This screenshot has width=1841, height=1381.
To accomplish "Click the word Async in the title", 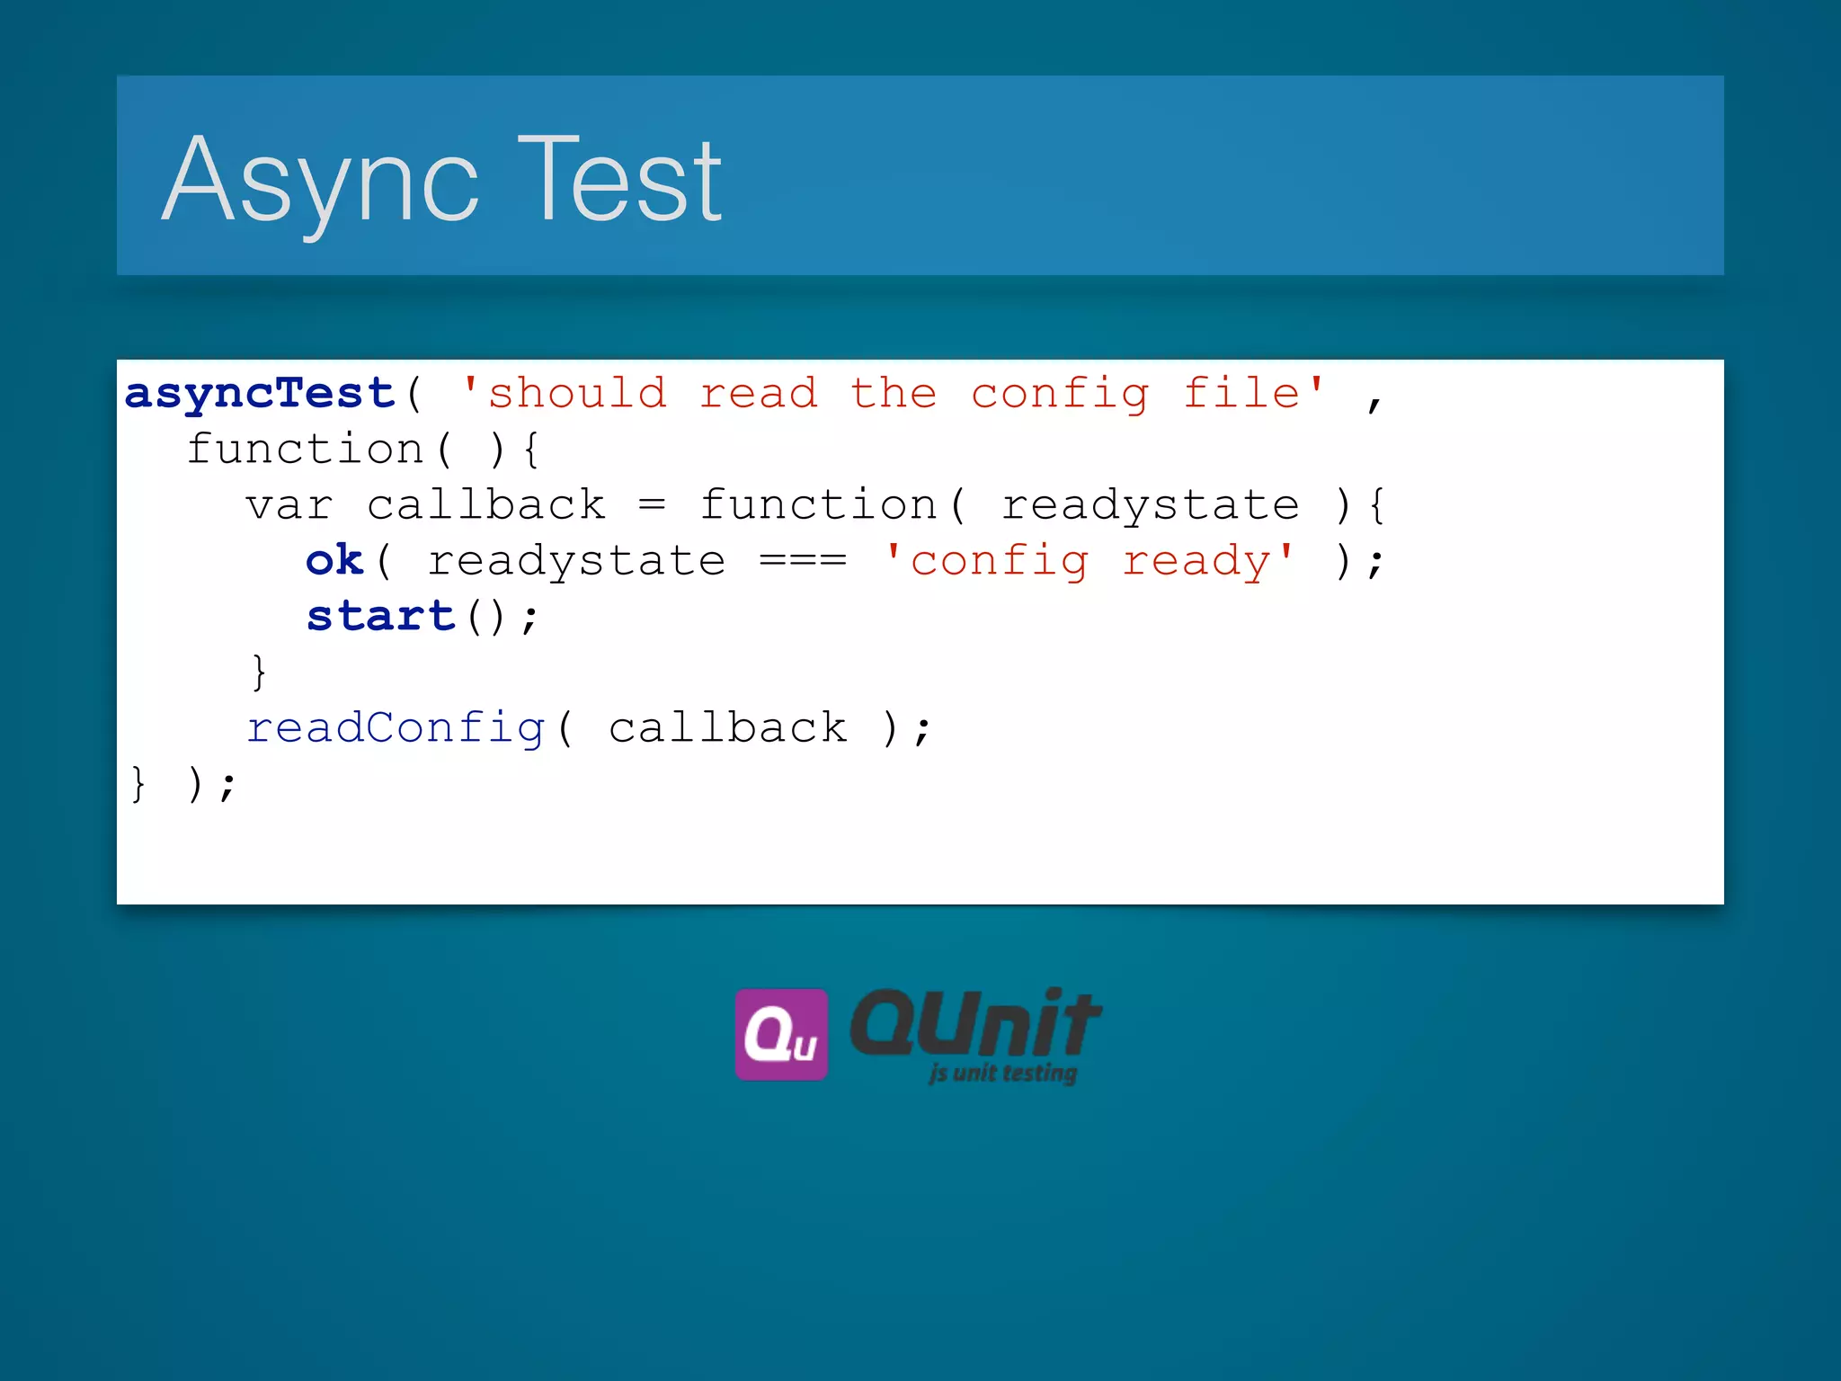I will pyautogui.click(x=319, y=180).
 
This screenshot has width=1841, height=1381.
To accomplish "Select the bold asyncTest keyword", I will pyautogui.click(x=260, y=394).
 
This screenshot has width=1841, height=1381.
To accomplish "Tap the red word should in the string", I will pyautogui.click(x=576, y=394).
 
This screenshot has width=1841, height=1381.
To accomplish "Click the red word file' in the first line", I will pyautogui.click(x=1253, y=394).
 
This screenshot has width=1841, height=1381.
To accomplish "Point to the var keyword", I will pyautogui.click(x=289, y=506).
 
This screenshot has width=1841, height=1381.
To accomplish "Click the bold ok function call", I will pyautogui.click(x=334, y=561).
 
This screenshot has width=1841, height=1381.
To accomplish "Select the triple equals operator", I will pyautogui.click(x=803, y=561).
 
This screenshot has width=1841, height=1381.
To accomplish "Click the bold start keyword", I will pyautogui.click(x=380, y=617).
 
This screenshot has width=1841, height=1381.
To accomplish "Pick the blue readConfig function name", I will pyautogui.click(x=396, y=728).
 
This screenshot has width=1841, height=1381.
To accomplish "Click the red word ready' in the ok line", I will pyautogui.click(x=1207, y=561).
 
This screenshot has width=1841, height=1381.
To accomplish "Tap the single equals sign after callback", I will pyautogui.click(x=652, y=506).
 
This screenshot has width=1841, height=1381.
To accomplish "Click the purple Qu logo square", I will pyautogui.click(x=780, y=1034).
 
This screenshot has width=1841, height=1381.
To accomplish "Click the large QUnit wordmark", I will pyautogui.click(x=974, y=1025).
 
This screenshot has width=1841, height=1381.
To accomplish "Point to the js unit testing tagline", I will pyautogui.click(x=1002, y=1073).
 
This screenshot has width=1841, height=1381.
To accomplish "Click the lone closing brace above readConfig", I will pyautogui.click(x=259, y=672).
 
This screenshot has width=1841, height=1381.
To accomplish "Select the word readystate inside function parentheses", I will pyautogui.click(x=1150, y=506).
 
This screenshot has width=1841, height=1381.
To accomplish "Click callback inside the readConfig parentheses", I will pyautogui.click(x=727, y=728).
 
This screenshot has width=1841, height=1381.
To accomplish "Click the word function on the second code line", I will pyautogui.click(x=305, y=450).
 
